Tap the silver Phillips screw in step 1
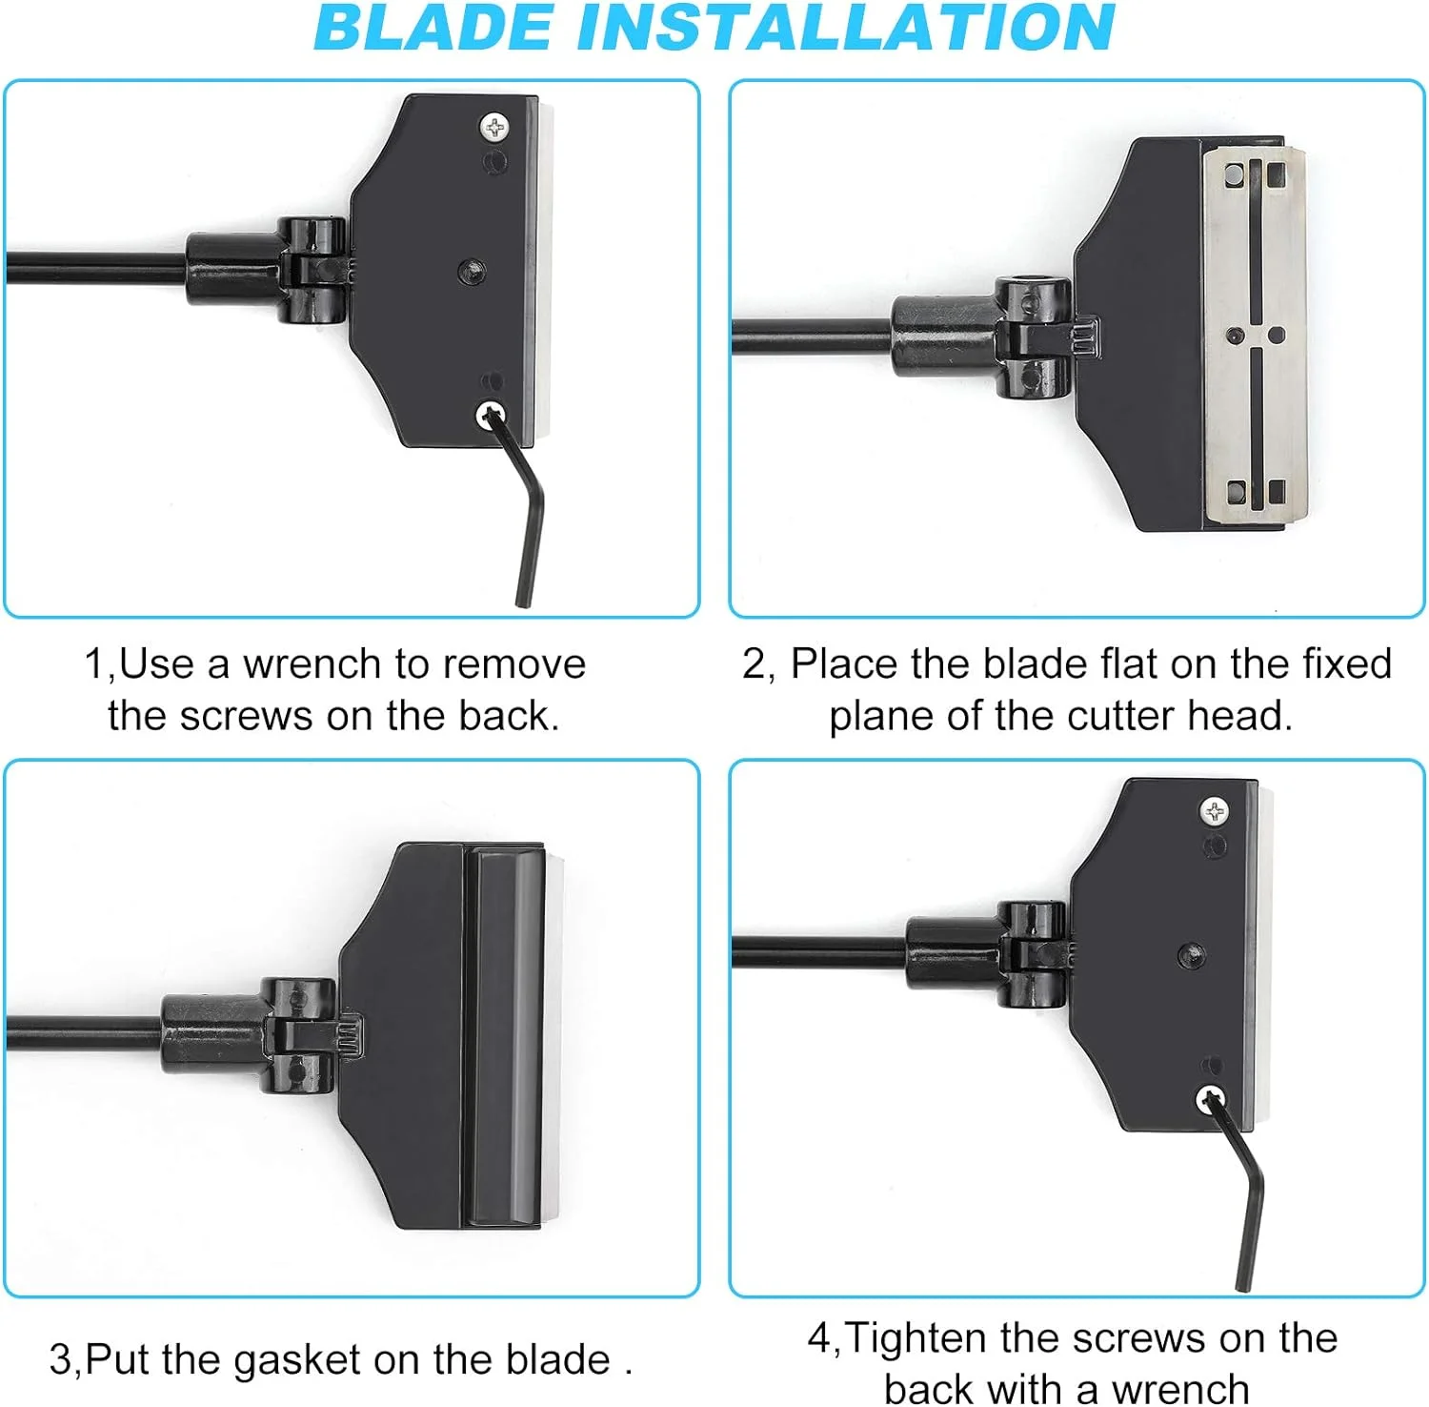point(494,127)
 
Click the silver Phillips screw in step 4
point(1214,812)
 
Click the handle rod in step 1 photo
point(96,268)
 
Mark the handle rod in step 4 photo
point(819,950)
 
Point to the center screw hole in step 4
point(1191,954)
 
